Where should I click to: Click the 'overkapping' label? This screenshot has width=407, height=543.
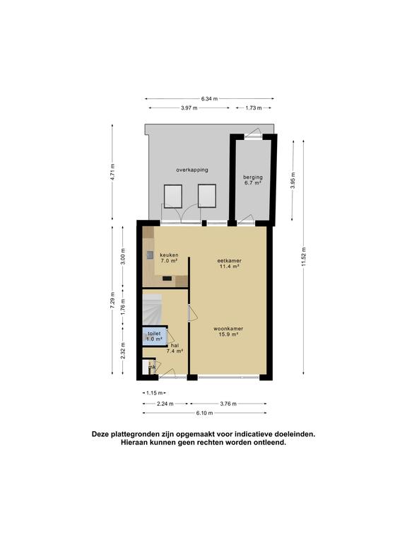(x=192, y=170)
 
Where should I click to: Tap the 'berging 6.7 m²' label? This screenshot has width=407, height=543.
(x=252, y=180)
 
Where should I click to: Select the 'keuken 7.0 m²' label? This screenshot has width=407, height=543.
(x=168, y=257)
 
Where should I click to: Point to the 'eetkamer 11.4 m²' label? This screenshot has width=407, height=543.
(x=230, y=264)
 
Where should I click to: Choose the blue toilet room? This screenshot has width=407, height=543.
(x=153, y=336)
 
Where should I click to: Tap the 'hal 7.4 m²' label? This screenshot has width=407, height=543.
(x=175, y=347)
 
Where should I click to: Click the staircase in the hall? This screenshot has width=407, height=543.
(x=153, y=308)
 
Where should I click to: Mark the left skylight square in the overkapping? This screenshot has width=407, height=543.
(x=173, y=196)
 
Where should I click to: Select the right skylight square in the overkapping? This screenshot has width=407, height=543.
(x=206, y=195)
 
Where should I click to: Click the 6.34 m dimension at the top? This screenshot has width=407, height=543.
(x=209, y=99)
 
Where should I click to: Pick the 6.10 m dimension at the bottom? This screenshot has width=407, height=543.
(x=204, y=413)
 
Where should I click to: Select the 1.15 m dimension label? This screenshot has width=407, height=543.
(x=153, y=392)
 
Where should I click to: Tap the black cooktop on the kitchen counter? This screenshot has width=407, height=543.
(x=167, y=279)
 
